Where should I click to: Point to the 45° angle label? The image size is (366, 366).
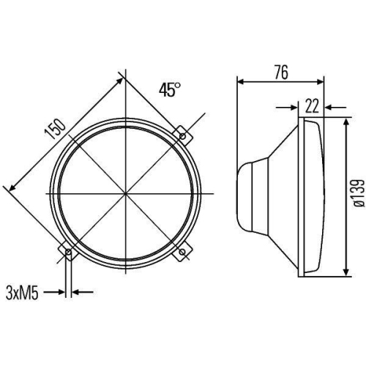coord(170,90)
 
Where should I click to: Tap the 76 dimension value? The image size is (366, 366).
coord(280,72)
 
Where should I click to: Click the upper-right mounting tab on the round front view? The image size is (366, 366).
coord(183,135)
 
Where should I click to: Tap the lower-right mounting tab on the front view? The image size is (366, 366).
coord(183,253)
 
